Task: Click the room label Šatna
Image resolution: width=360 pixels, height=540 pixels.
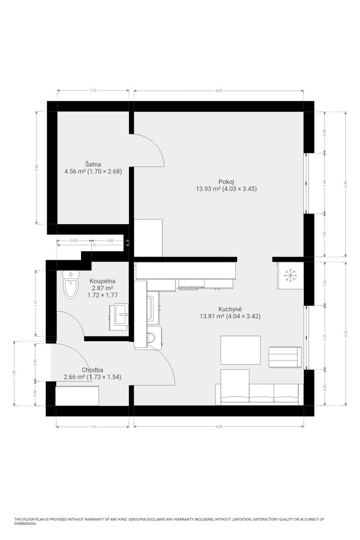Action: click(x=93, y=164)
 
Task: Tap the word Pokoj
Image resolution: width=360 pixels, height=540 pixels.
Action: click(x=226, y=182)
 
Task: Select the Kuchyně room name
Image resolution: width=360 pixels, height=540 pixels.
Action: click(x=230, y=309)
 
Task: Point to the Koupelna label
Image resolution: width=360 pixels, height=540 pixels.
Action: click(x=103, y=281)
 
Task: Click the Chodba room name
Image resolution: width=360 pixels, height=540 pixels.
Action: click(x=92, y=370)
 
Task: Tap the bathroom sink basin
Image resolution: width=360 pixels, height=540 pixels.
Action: click(x=121, y=315)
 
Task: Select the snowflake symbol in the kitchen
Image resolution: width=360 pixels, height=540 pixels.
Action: click(x=291, y=275)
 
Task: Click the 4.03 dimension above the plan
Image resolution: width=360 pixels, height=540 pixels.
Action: click(x=218, y=91)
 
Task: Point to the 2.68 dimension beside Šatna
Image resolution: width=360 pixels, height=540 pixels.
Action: click(x=36, y=167)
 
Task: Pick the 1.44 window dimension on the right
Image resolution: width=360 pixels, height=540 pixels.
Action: click(x=324, y=183)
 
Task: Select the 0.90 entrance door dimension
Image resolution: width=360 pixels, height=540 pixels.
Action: click(x=35, y=362)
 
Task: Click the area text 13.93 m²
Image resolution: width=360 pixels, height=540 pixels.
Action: click(x=208, y=189)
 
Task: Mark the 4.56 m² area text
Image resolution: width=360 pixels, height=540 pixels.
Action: click(x=75, y=171)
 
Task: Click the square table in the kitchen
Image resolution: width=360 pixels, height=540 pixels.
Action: click(x=240, y=350)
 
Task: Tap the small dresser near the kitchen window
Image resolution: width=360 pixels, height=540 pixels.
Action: click(x=285, y=357)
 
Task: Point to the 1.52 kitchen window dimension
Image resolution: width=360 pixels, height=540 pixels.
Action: click(x=324, y=337)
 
